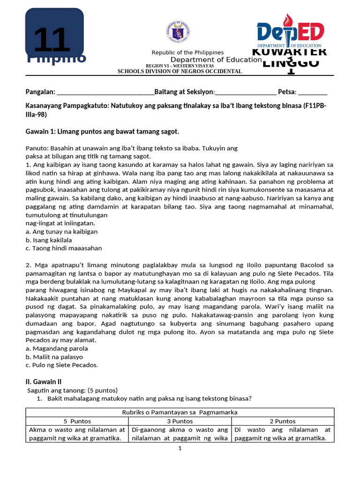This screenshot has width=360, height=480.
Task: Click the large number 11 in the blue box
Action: (x=52, y=41)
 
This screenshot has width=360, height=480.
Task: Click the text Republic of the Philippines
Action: (x=187, y=52)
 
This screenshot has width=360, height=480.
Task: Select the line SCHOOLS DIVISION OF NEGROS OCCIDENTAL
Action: (x=180, y=71)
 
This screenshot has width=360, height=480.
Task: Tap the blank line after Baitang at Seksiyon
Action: (x=246, y=92)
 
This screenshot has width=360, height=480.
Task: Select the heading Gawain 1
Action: (x=102, y=132)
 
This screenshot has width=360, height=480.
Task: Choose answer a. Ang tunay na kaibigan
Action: (x=61, y=232)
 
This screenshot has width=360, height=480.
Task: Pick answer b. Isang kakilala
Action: (x=52, y=240)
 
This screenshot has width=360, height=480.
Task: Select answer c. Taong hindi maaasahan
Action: (x=64, y=248)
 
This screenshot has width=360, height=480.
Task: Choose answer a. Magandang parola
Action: (x=57, y=348)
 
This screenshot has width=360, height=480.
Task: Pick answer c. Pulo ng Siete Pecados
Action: (x=62, y=365)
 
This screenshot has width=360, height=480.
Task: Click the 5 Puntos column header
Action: (x=77, y=421)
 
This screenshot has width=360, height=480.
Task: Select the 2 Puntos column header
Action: (x=282, y=421)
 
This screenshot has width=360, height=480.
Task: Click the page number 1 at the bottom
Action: (x=180, y=449)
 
